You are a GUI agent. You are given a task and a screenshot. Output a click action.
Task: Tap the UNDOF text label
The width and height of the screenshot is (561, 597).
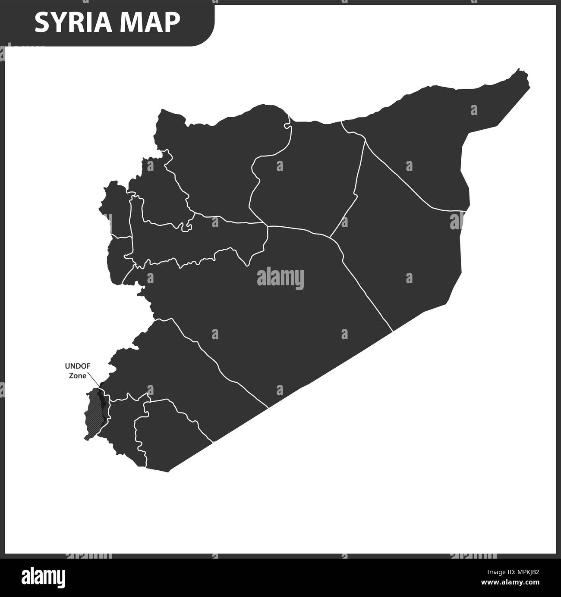click(77, 366)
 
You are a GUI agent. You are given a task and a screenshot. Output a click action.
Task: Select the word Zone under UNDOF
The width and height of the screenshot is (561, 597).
click(78, 375)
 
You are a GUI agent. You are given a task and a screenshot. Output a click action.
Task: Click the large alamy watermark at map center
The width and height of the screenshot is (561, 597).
click(280, 278)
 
